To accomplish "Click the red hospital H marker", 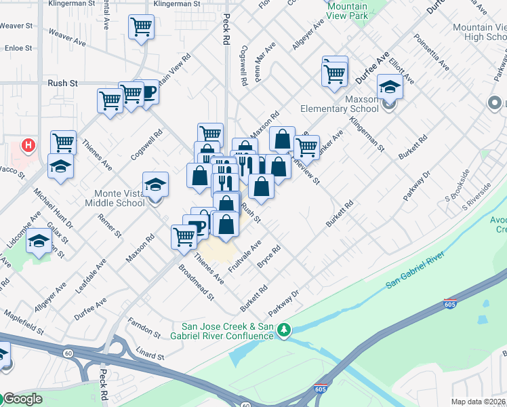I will [28, 144].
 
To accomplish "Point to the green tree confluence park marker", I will [285, 330].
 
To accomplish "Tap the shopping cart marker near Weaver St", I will [142, 28].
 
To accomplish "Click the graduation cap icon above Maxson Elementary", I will [390, 87].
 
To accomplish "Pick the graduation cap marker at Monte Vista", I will [155, 184].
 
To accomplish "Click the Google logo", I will [22, 399].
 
